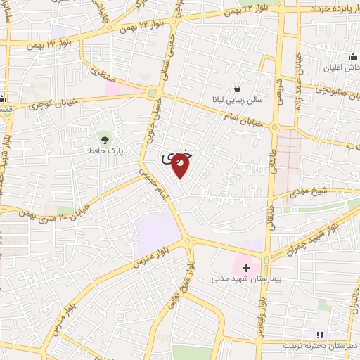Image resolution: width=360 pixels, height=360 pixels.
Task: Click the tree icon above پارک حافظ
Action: click(x=105, y=136)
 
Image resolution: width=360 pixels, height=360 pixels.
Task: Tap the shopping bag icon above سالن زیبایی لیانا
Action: click(x=238, y=89)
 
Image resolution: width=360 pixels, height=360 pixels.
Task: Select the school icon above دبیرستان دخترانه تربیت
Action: click(x=319, y=335)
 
